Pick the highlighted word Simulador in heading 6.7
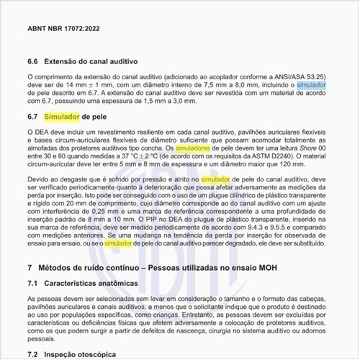click(x=60, y=115)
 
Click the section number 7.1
click(x=33, y=284)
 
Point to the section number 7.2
click(x=33, y=355)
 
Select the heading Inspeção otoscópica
click(x=86, y=355)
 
